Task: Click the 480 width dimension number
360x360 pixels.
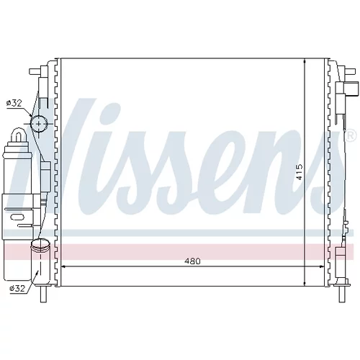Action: (192, 261)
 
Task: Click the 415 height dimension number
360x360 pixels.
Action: (300, 172)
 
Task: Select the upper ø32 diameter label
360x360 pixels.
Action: (14, 103)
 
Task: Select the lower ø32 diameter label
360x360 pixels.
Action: (17, 288)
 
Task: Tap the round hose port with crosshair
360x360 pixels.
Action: (39, 124)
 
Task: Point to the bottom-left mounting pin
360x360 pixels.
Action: (43, 294)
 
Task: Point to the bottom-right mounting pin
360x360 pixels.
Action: (342, 294)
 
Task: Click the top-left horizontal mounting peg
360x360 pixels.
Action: (35, 72)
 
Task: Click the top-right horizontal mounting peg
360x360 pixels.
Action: (350, 71)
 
